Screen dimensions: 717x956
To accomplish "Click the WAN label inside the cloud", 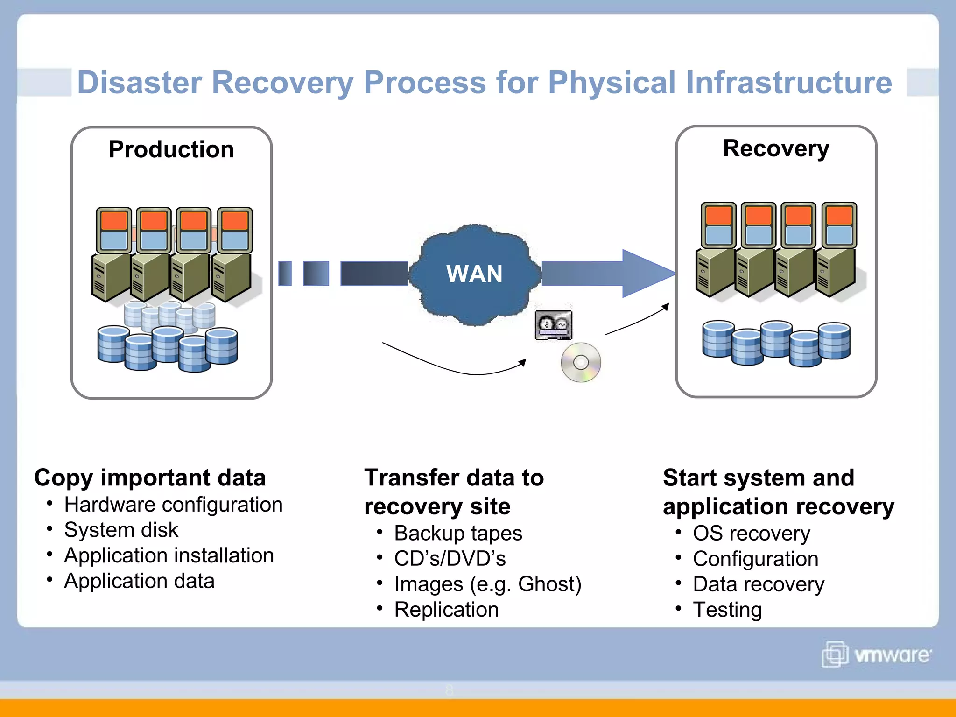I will pos(474,274).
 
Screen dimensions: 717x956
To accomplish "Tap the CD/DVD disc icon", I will pos(581,363).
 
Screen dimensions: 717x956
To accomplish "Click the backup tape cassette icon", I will pos(553,325).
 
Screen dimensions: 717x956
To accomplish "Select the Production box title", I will pos(171,150).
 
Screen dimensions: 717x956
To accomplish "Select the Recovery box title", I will pos(776,149).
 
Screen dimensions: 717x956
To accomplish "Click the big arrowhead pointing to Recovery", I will pos(647,274).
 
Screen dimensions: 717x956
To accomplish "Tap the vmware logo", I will pos(877,654).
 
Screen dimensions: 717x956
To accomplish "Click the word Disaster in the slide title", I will pos(139,83).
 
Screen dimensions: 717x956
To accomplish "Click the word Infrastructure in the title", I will pos(789,83).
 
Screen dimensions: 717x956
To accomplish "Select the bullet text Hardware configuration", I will pos(173,505).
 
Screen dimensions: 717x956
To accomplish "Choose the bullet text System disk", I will pos(121,530).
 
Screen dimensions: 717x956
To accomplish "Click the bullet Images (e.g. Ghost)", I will pos(487,584).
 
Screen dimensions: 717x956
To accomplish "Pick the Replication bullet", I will pos(446,610).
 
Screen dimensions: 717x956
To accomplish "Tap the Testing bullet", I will pos(727,610).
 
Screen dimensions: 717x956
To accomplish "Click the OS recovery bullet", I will pos(751,534).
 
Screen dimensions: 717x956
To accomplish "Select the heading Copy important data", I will pos(150,478).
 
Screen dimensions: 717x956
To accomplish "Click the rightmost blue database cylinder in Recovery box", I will pos(834,341).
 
